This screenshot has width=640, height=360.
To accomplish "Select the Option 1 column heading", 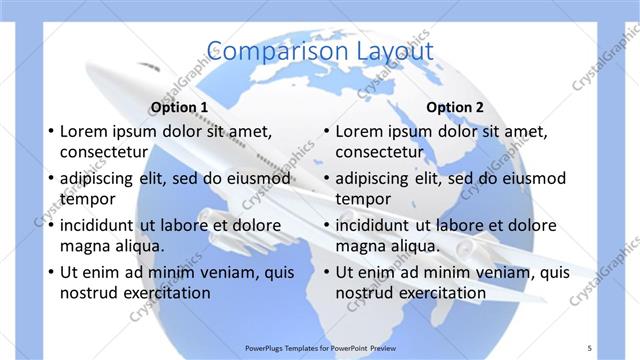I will [x=179, y=107].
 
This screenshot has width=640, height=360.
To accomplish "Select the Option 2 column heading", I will [x=454, y=107].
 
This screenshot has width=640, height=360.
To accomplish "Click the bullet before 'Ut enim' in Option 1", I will [x=51, y=272].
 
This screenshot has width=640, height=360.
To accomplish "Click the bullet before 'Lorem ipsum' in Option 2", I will [x=326, y=131].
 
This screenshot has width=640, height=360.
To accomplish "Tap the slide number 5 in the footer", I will [x=590, y=347].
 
